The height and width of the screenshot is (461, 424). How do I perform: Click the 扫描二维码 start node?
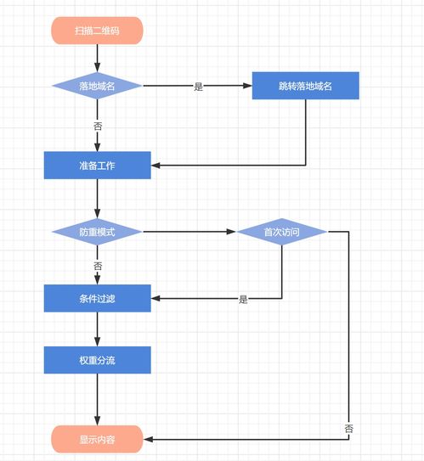click(97, 31)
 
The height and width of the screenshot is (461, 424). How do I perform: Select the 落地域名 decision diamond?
click(97, 86)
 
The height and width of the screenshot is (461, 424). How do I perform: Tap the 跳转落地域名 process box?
click(305, 86)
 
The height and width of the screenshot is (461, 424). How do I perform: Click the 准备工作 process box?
click(98, 166)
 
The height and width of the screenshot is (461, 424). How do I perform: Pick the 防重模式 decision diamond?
click(97, 232)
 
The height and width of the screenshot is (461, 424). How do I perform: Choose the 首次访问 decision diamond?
click(282, 232)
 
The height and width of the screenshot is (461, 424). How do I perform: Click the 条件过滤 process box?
click(98, 298)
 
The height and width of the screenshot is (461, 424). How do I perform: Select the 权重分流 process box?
click(98, 360)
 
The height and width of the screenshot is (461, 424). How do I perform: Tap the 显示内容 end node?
click(97, 439)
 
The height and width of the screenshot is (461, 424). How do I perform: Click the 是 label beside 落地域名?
click(198, 87)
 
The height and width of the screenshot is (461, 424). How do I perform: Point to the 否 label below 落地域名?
click(98, 126)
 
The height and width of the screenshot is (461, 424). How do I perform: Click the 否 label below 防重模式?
click(98, 266)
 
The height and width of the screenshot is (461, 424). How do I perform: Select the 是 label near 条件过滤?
click(243, 300)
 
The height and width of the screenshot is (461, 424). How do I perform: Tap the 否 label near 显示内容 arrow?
click(349, 429)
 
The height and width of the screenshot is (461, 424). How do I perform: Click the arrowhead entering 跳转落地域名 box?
click(248, 86)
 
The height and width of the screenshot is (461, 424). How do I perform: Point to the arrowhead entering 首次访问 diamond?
click(231, 232)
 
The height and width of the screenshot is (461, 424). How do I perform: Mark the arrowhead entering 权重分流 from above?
click(98, 341)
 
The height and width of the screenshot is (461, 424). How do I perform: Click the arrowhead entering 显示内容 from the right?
click(148, 439)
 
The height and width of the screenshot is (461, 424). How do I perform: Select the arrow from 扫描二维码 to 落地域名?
click(98, 59)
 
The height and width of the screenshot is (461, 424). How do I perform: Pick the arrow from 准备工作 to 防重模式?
click(98, 199)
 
